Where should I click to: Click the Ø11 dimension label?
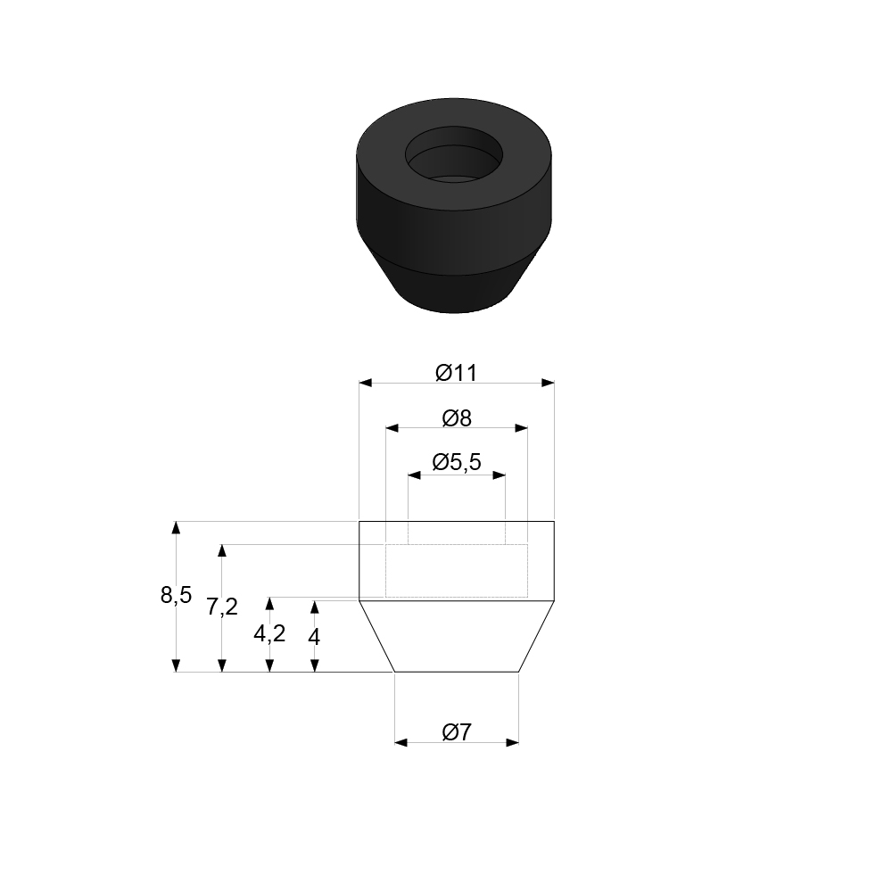click(x=457, y=373)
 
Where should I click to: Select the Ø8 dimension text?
click(x=457, y=417)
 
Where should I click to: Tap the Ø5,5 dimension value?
click(x=457, y=462)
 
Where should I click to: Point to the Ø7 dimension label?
click(x=457, y=732)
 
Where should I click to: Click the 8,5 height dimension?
click(x=176, y=595)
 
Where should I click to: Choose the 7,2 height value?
click(x=222, y=607)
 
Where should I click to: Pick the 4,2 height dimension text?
click(x=269, y=633)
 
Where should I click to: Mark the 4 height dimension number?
click(x=314, y=636)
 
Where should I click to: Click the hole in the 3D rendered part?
click(x=452, y=161)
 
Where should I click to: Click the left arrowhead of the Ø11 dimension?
click(x=365, y=384)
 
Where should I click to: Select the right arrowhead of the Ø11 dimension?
click(x=549, y=384)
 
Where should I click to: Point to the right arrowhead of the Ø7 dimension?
click(x=513, y=742)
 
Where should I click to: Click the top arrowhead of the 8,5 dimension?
click(x=176, y=527)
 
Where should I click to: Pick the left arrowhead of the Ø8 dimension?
click(x=392, y=428)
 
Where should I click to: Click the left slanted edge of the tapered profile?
click(x=376, y=635)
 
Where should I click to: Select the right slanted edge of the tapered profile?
click(x=536, y=635)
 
